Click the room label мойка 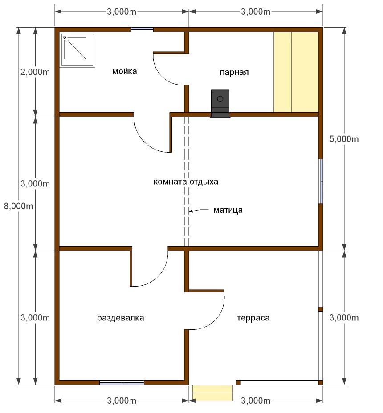pos(124,71)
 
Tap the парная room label pos(234,72)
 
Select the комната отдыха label pos(186,182)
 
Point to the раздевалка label pos(120,318)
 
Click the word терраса pos(253,318)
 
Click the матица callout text pos(228,210)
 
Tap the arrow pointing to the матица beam pos(199,210)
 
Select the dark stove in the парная pos(220,104)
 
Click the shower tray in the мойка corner pos(77,50)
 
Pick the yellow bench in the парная pos(296,72)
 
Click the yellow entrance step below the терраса pos(212,393)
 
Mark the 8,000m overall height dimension pos(18,206)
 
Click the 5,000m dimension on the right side pos(344,139)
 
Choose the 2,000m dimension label pos(35,72)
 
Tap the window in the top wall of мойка pos(143,29)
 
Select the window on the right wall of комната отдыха pos(321,181)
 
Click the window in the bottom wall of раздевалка pos(122,382)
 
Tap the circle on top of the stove pos(220,99)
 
